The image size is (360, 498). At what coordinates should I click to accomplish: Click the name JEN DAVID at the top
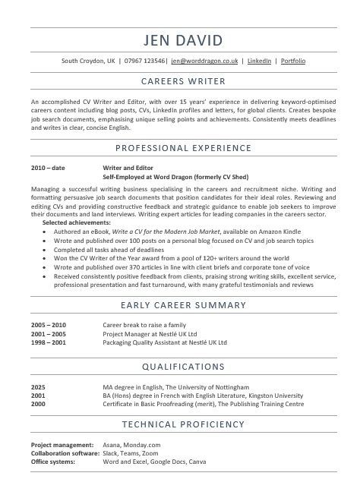tap(180, 39)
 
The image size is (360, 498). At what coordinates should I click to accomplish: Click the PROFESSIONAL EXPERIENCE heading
tap(180, 147)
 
